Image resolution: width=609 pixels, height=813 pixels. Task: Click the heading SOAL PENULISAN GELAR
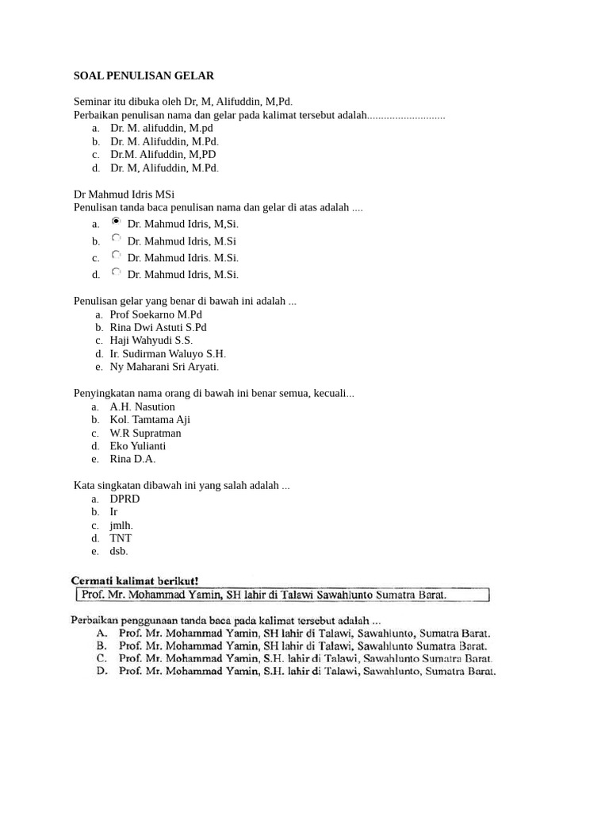click(x=144, y=76)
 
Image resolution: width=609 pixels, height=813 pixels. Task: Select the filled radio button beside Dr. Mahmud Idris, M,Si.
click(x=117, y=222)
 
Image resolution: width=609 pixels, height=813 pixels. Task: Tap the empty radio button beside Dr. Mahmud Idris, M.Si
click(x=117, y=237)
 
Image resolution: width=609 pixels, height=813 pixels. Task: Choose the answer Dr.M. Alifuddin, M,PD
click(x=163, y=155)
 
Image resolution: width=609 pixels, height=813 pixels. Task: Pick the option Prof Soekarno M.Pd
click(x=156, y=314)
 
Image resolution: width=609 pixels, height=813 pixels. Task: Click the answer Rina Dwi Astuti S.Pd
click(x=159, y=327)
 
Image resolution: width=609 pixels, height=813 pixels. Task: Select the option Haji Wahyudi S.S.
click(x=151, y=341)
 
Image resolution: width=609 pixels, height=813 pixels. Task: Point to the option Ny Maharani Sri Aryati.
click(x=164, y=367)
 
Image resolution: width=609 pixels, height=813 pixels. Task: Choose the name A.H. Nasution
click(x=143, y=406)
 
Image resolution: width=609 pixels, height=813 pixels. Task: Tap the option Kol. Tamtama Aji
click(x=150, y=419)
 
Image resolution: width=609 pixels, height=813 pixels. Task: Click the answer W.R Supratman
click(x=146, y=433)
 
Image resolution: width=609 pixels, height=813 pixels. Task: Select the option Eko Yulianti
click(x=138, y=446)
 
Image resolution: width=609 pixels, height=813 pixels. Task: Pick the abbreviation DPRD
click(x=125, y=499)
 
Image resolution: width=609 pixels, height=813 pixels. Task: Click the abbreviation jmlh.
click(x=121, y=525)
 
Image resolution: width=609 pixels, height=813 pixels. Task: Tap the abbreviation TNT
click(x=121, y=538)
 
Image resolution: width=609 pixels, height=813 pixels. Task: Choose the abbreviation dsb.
click(x=119, y=551)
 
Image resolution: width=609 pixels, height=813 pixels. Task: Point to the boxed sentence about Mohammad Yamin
click(x=282, y=594)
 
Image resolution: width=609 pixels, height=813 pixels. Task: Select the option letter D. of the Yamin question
click(x=101, y=672)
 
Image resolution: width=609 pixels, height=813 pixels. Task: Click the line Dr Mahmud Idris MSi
click(x=124, y=195)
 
